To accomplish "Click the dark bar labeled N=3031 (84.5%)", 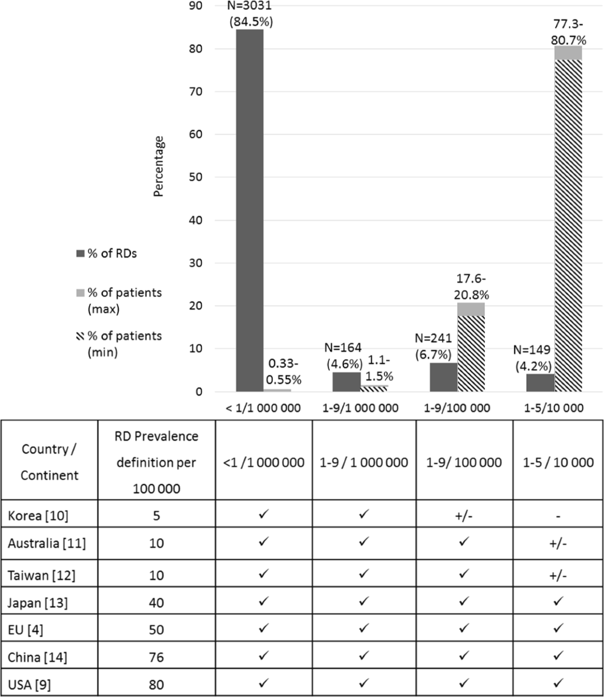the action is [250, 210].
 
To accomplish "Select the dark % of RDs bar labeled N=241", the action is [443, 377].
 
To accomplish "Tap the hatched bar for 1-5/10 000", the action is [569, 226].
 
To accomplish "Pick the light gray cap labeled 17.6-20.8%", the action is [471, 309].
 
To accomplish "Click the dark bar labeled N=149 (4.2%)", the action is [541, 382].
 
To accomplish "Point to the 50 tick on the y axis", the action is [196, 177].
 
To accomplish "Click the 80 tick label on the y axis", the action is [196, 49].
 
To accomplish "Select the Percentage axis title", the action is [158, 166].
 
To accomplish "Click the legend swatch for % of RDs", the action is [81, 253].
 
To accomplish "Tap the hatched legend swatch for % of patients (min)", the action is [81, 336].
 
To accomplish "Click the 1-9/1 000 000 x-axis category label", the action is [360, 408].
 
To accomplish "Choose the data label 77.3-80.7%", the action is [569, 32].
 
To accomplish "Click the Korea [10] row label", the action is [38, 516].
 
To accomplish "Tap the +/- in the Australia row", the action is [558, 544].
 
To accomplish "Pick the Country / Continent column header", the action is [49, 462].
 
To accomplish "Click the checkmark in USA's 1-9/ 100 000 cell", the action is [464, 683].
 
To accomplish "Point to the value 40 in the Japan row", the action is [156, 603].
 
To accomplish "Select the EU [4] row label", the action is [25, 630].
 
